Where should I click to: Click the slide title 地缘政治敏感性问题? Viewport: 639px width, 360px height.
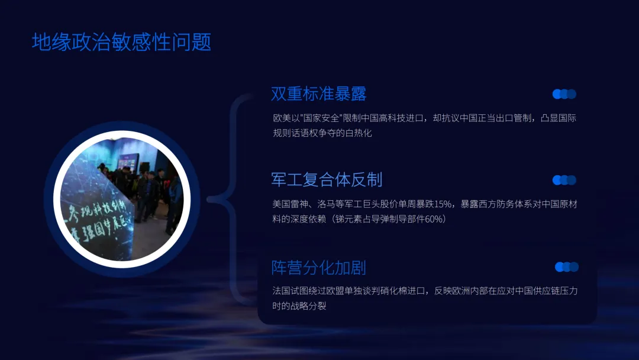tap(121, 42)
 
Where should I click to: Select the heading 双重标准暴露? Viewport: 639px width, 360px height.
tap(319, 94)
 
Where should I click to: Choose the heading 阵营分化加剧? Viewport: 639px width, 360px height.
tap(319, 267)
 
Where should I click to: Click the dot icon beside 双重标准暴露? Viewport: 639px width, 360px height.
tap(564, 94)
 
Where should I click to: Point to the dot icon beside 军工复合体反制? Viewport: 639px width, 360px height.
tap(564, 180)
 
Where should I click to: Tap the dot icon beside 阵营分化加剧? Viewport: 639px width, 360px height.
tap(567, 267)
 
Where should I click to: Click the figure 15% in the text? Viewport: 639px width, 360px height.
tap(443, 204)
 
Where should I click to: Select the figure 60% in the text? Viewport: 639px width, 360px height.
tap(435, 219)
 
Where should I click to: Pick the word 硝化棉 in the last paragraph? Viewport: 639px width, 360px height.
tap(398, 291)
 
